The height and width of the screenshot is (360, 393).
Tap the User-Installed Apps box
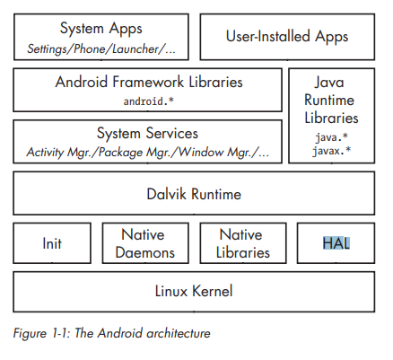(x=286, y=38)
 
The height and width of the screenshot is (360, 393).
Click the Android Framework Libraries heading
(x=148, y=83)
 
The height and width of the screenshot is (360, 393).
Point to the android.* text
(x=148, y=101)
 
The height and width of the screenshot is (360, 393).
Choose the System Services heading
(x=148, y=133)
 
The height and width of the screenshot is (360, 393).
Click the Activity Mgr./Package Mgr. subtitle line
(x=148, y=151)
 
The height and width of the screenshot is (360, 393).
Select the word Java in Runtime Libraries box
(x=332, y=83)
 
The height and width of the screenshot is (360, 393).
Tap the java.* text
(x=332, y=138)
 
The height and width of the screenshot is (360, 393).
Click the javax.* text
(x=332, y=151)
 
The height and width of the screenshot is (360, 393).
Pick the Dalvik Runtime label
(x=194, y=194)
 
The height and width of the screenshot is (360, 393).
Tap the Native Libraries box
(x=241, y=243)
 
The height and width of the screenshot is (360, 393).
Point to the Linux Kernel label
(x=194, y=291)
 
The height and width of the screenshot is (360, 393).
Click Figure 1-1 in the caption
(x=40, y=333)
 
